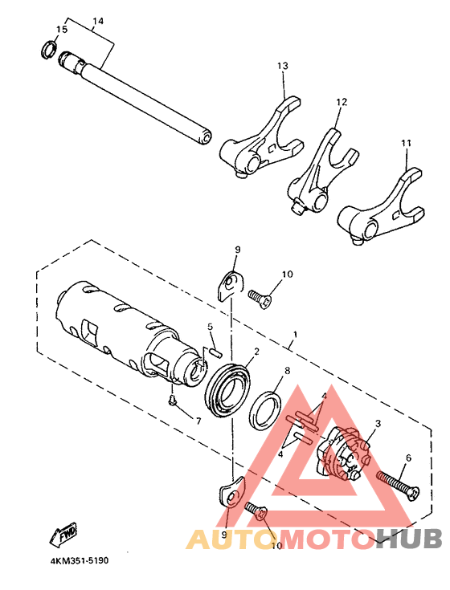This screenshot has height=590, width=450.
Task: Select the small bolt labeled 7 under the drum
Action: coord(172,399)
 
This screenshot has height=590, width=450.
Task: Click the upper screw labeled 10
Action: coord(260,297)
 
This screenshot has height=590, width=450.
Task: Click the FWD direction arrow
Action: coord(64,531)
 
